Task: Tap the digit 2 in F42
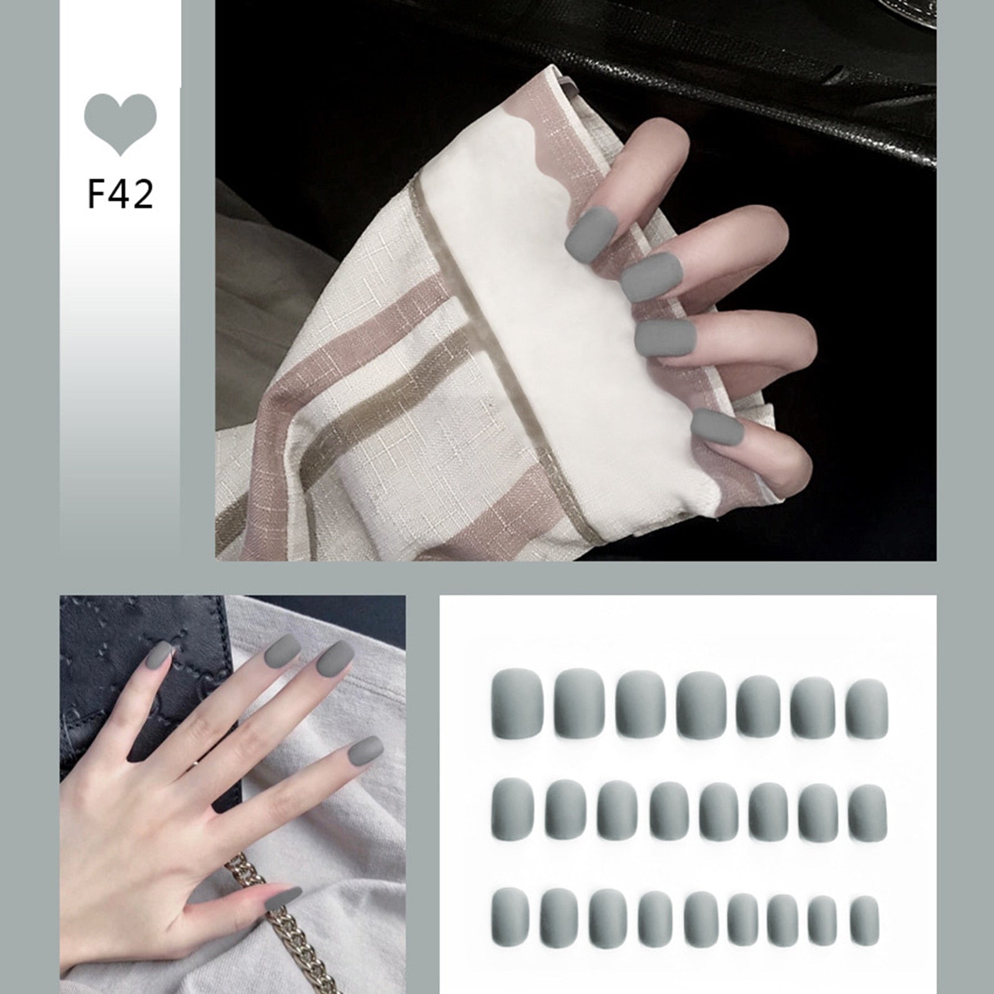point(142,194)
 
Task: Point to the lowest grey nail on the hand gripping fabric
point(718,426)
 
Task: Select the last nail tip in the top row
point(867,709)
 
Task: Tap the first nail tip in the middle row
point(513,809)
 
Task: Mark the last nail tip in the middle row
point(867,813)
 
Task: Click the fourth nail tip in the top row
point(701,705)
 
